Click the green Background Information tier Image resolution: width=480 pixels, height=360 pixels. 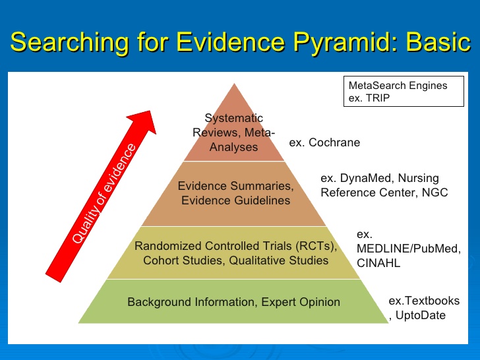click(233, 302)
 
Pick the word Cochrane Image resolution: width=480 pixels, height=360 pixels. click(334, 142)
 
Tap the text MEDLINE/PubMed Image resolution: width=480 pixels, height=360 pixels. click(408, 249)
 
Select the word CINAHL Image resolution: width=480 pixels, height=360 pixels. click(378, 263)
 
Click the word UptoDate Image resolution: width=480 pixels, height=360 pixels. click(420, 315)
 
